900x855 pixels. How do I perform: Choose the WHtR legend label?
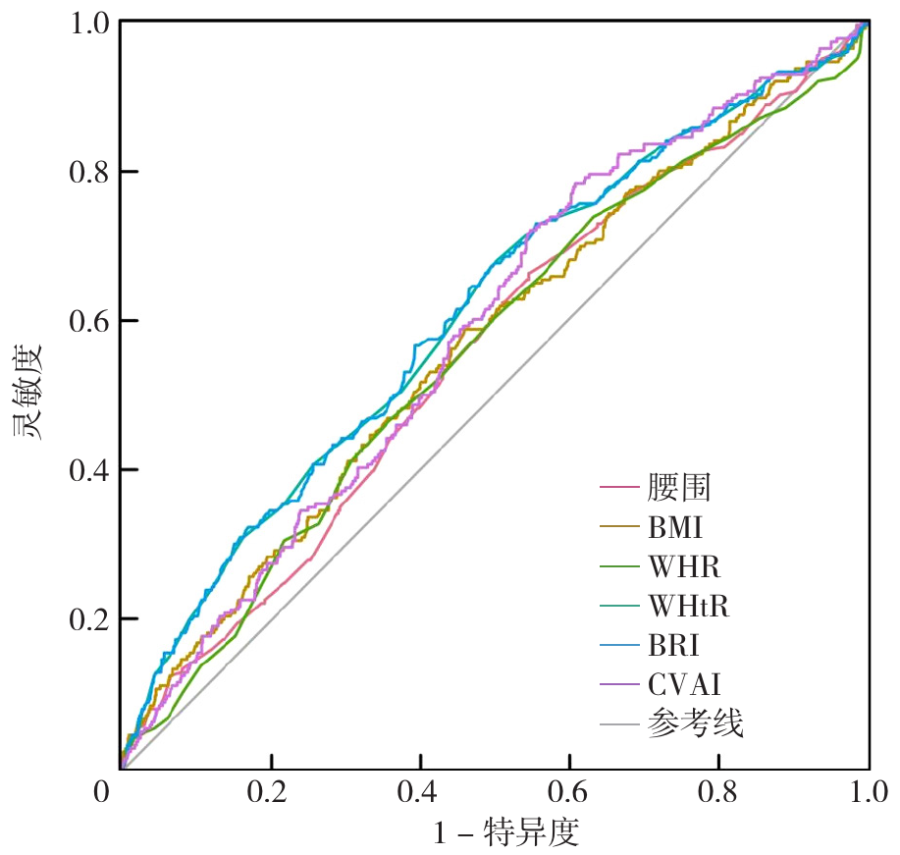tap(689, 607)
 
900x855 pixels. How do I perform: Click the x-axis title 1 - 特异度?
tap(506, 833)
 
